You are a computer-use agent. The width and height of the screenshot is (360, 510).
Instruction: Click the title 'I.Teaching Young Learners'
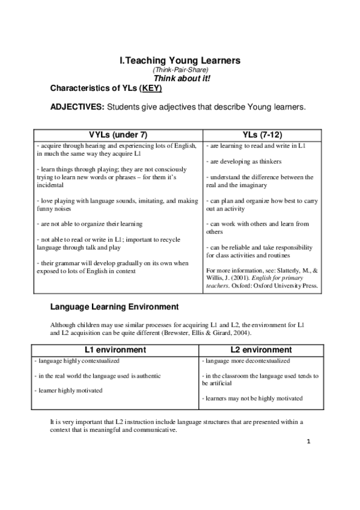(180, 60)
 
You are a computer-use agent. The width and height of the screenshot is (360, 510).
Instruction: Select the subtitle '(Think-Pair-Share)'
(180, 70)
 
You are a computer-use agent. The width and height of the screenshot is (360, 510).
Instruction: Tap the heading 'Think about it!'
(180, 78)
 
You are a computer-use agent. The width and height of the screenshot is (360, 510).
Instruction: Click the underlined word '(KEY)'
(151, 88)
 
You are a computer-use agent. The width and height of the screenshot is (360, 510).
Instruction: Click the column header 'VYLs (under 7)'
(118, 135)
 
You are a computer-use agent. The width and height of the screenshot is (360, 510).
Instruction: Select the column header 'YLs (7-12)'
(262, 135)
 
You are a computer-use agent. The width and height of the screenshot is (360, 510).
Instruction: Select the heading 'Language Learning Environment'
(114, 307)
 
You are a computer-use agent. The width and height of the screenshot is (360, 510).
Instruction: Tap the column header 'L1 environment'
(118, 349)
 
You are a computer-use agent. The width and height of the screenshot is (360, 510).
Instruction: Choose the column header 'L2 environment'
(262, 349)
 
